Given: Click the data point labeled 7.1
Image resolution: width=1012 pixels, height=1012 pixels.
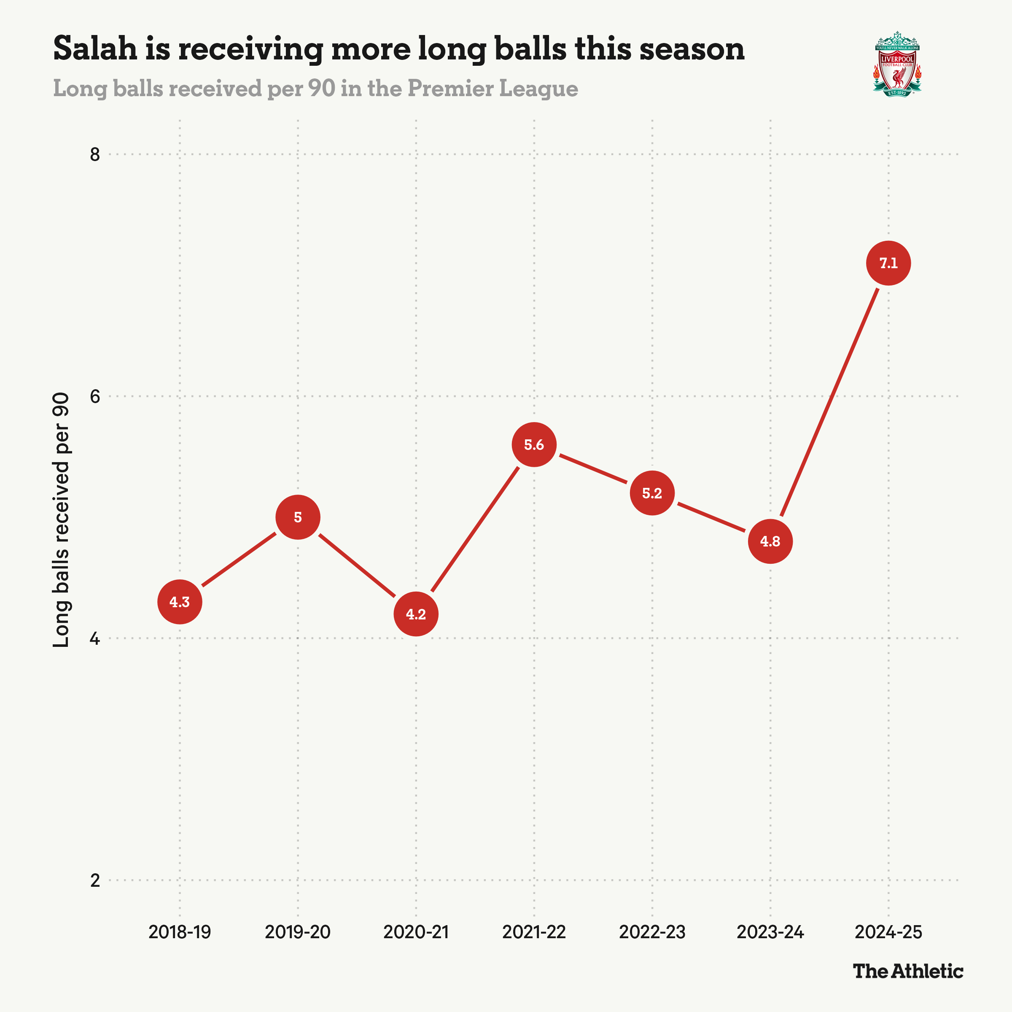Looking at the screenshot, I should [x=888, y=263].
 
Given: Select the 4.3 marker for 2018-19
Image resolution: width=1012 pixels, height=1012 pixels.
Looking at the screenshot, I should [x=180, y=602].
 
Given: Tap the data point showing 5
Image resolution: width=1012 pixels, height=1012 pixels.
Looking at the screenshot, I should [x=298, y=517].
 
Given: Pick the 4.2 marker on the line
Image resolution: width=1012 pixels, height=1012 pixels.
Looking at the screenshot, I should [x=416, y=614].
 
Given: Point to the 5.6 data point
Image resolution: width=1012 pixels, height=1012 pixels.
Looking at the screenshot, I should [x=534, y=445].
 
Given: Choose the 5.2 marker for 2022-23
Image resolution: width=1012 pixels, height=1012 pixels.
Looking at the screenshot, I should [x=652, y=493].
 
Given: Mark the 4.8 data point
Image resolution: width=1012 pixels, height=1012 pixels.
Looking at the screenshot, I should [x=770, y=541].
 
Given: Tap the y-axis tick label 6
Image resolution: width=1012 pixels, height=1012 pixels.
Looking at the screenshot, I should [x=95, y=396].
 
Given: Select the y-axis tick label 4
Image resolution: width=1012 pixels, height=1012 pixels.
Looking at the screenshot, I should [x=95, y=638].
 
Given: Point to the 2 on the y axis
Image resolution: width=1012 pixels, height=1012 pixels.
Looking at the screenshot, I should [x=95, y=880].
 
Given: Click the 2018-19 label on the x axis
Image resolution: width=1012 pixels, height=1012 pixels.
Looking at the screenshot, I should [x=180, y=932].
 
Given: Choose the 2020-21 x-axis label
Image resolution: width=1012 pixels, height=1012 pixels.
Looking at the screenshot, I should [x=416, y=932].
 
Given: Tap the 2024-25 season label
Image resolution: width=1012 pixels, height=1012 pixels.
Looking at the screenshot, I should [x=888, y=932].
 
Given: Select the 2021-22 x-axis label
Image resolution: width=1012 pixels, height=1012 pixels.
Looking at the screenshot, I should [x=534, y=932].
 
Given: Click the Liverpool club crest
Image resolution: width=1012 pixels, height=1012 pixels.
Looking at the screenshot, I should [x=897, y=64].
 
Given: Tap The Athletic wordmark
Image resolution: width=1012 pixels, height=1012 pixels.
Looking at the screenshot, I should [x=908, y=971].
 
